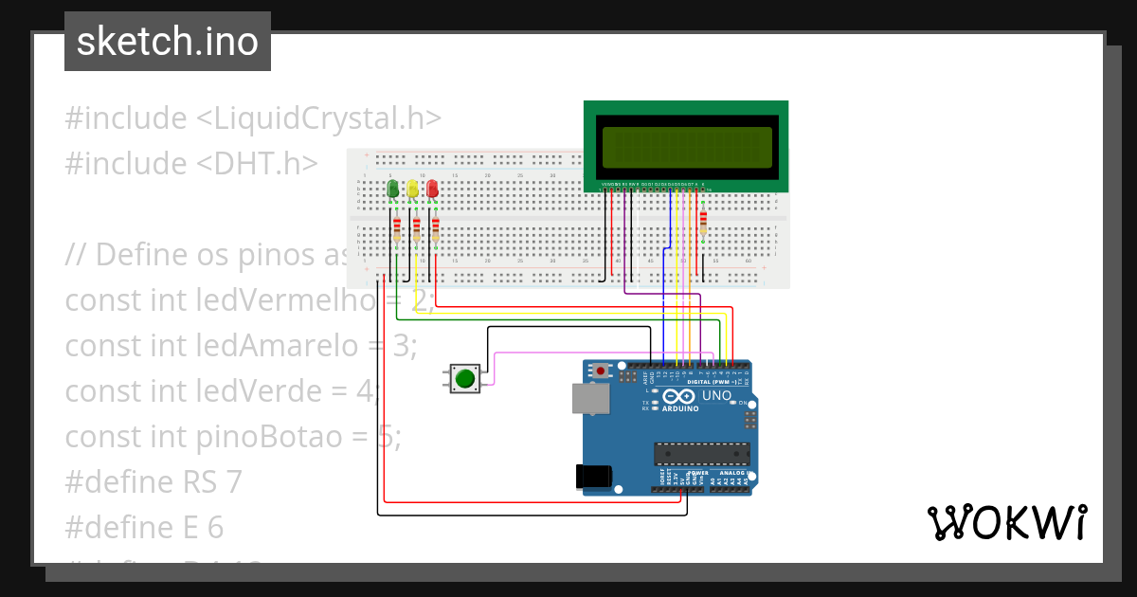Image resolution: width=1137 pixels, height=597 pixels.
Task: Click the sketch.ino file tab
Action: tap(168, 42)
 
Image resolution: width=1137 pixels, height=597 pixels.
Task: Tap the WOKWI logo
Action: tap(1006, 523)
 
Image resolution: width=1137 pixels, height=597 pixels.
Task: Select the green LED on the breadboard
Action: tap(393, 190)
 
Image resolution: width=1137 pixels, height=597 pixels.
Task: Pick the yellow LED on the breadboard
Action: tap(412, 190)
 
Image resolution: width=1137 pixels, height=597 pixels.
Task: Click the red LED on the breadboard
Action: tap(432, 190)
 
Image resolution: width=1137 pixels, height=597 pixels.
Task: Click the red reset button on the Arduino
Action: tap(601, 371)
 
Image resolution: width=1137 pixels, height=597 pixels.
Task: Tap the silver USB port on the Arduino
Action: tap(590, 401)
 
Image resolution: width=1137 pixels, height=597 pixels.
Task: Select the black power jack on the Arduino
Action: tap(593, 477)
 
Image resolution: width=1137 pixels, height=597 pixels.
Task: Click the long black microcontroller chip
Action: tap(702, 455)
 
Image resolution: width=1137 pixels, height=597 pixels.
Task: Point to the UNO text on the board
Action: tap(715, 395)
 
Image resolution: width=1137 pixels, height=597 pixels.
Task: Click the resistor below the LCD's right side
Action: tap(703, 222)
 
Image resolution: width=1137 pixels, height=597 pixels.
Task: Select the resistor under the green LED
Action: tap(397, 228)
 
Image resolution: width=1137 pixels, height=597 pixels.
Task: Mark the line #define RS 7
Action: tap(153, 482)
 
